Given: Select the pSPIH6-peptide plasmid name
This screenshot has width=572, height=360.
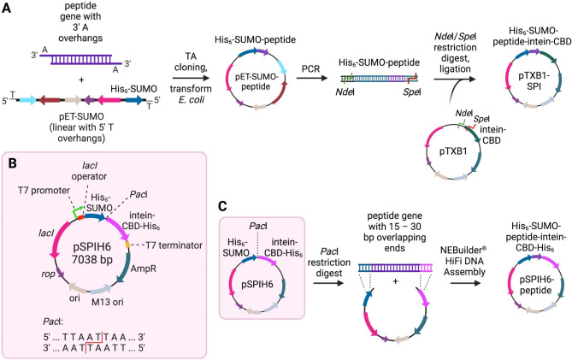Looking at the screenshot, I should pyautogui.click(x=524, y=292).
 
